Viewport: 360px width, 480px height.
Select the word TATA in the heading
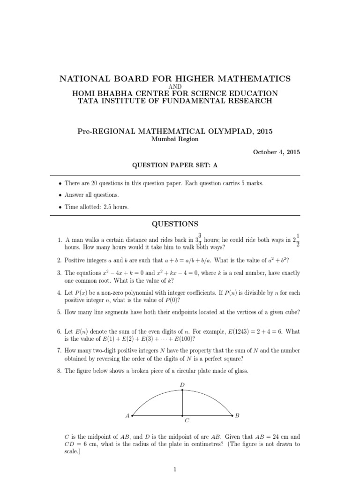(x=90, y=101)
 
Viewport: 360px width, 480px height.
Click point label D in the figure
(x=182, y=385)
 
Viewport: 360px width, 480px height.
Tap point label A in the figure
(x=127, y=415)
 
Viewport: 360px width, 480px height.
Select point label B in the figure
(x=238, y=415)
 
